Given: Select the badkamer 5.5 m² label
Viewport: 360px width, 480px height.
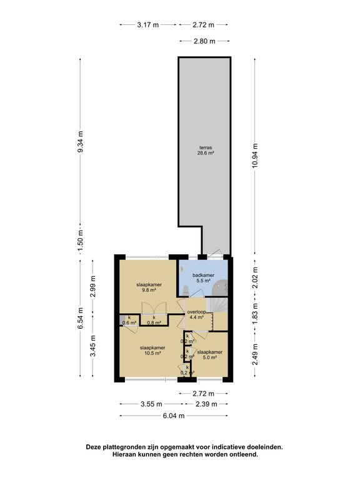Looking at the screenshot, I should tap(204, 278).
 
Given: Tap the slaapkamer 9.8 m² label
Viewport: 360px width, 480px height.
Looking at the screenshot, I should tap(149, 287).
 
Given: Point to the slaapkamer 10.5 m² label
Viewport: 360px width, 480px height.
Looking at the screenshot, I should tap(152, 350).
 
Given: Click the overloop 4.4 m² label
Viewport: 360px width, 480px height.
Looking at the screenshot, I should tap(198, 314).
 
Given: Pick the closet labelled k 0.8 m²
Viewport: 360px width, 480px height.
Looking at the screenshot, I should tap(154, 320).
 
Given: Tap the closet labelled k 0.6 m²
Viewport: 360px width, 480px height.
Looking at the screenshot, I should tap(129, 320).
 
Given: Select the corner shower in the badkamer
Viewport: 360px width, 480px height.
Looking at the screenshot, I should tap(219, 287).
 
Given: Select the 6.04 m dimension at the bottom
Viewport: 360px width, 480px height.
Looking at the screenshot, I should tap(174, 416).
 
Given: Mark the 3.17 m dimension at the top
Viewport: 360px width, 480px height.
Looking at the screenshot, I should tap(148, 25).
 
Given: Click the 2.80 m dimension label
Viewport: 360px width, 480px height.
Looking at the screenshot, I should tap(204, 41).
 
